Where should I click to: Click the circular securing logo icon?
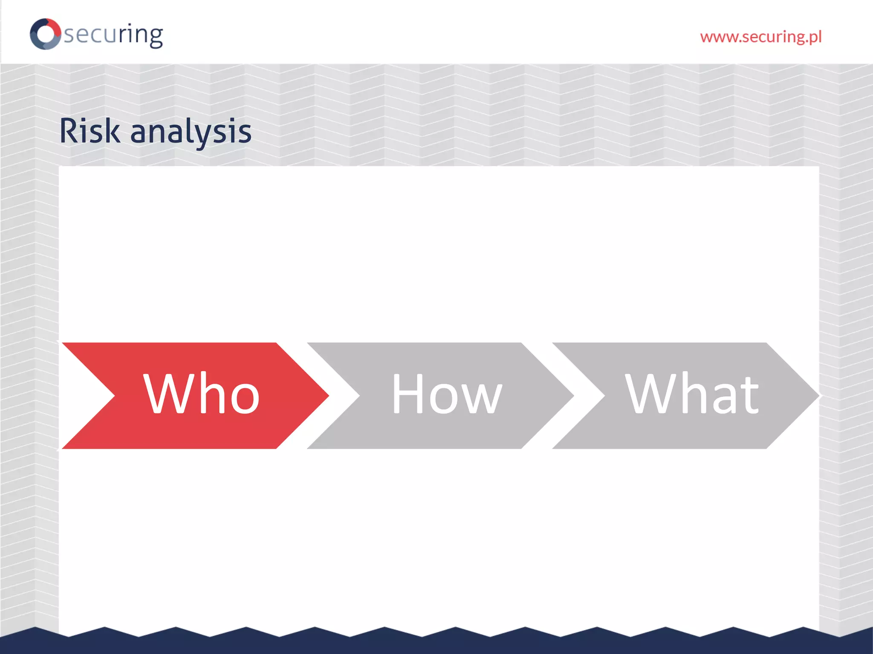(45, 34)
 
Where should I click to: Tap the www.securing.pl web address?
(760, 37)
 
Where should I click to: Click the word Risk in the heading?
(90, 131)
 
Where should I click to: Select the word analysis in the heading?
(191, 132)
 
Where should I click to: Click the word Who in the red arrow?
(201, 393)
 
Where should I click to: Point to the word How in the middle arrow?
(446, 394)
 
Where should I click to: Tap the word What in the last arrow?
(691, 394)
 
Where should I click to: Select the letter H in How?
(407, 393)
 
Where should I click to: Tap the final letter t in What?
(749, 396)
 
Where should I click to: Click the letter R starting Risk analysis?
(70, 131)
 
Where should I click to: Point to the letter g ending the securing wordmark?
(155, 37)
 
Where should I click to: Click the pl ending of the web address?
(814, 37)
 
